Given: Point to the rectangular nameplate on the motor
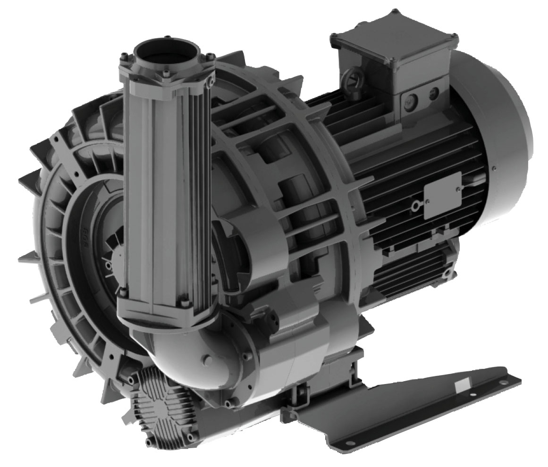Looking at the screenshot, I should tap(442, 195).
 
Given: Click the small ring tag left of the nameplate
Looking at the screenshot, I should tap(415, 206).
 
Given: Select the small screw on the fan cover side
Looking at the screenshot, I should tap(494, 167).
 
